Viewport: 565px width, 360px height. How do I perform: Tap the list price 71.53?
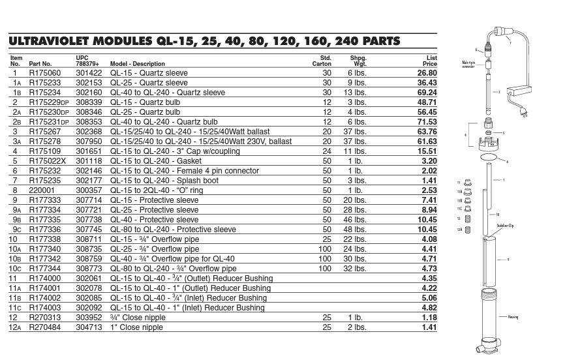pyautogui.click(x=425, y=122)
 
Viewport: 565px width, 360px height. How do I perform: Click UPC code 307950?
pyautogui.click(x=89, y=141)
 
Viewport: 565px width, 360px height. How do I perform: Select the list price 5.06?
pyautogui.click(x=428, y=297)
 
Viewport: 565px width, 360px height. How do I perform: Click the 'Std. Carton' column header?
pyautogui.click(x=322, y=61)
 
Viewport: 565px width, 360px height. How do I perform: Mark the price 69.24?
pyautogui.click(x=425, y=93)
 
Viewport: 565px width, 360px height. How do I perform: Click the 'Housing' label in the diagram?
pyautogui.click(x=512, y=317)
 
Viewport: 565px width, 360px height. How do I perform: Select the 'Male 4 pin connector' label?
pyautogui.click(x=468, y=65)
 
